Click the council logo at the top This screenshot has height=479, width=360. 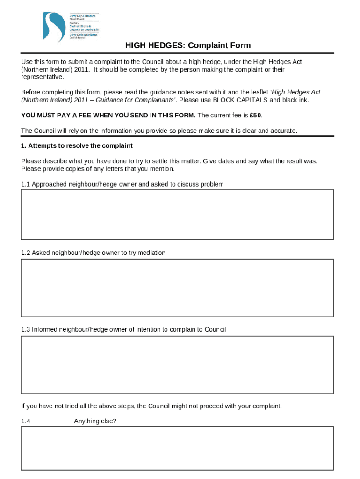point(70,27)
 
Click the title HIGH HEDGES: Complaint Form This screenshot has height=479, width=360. point(187,45)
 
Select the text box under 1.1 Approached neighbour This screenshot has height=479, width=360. point(177,215)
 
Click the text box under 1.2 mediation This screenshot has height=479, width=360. point(177,288)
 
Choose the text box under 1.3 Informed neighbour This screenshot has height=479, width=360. point(177,365)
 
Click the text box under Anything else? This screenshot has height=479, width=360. point(177,448)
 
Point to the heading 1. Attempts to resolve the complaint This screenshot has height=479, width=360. point(77,146)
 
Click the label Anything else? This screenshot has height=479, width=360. point(95,421)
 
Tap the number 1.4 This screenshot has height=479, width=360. point(26,421)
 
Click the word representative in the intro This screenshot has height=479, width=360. point(42,77)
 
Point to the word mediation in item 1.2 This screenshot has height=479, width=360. point(150,253)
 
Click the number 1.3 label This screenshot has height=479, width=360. point(26,329)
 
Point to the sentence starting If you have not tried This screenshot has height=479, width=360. point(151,406)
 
